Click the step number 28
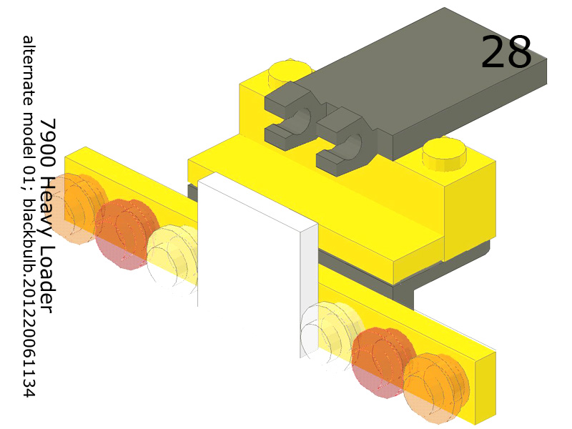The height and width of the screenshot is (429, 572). (506, 52)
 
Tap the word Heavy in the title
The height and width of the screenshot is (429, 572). (47, 197)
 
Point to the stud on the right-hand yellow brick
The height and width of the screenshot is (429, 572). (445, 153)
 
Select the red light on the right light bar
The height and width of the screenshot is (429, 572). (383, 361)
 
